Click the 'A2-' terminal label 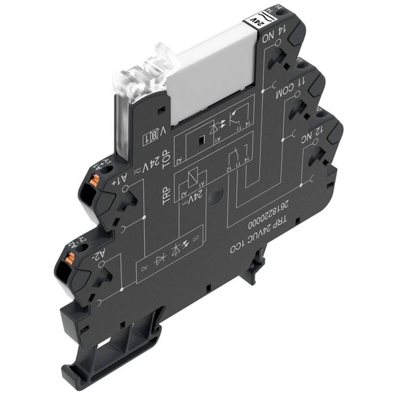click(96, 253)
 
